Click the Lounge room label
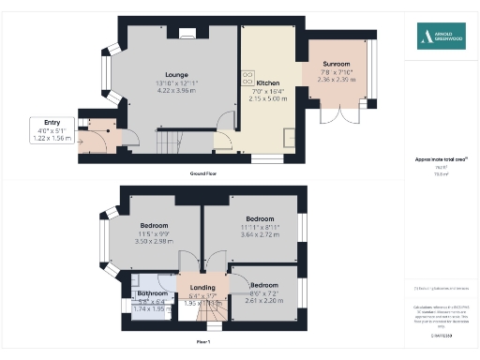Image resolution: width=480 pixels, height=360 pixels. point(176,75)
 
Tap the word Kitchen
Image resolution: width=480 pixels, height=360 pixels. point(268,83)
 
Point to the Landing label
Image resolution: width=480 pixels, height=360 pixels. point(202,287)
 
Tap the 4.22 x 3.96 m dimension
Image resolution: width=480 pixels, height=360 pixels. point(176,91)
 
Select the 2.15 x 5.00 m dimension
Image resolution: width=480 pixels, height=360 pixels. point(268,98)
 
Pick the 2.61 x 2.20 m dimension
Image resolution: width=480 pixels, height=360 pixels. point(263,300)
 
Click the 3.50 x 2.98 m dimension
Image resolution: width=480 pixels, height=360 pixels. point(154,241)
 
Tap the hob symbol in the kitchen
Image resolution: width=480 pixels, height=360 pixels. point(249,75)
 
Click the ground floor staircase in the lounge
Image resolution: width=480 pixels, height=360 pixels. point(166,142)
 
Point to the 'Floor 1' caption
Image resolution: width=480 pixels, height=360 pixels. point(202,342)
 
